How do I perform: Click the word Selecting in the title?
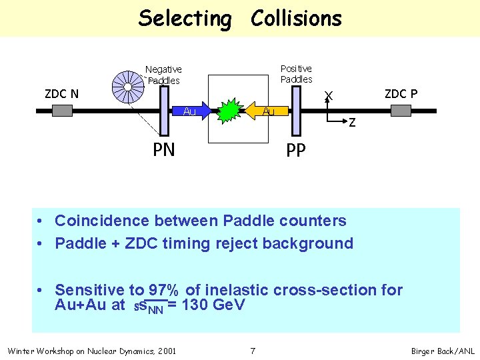click(185, 19)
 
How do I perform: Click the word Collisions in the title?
click(296, 19)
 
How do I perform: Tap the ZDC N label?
click(61, 93)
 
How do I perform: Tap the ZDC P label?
click(401, 93)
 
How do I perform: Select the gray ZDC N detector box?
click(62, 111)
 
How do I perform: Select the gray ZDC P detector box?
click(401, 111)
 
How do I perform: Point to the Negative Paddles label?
click(163, 75)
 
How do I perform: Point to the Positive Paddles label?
click(296, 73)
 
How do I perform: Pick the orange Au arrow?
click(267, 111)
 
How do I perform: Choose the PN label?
click(163, 149)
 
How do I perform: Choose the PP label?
click(296, 151)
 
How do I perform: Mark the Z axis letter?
click(352, 123)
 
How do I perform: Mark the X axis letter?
click(329, 96)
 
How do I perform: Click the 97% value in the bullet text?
click(163, 290)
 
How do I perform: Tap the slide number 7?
click(253, 351)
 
